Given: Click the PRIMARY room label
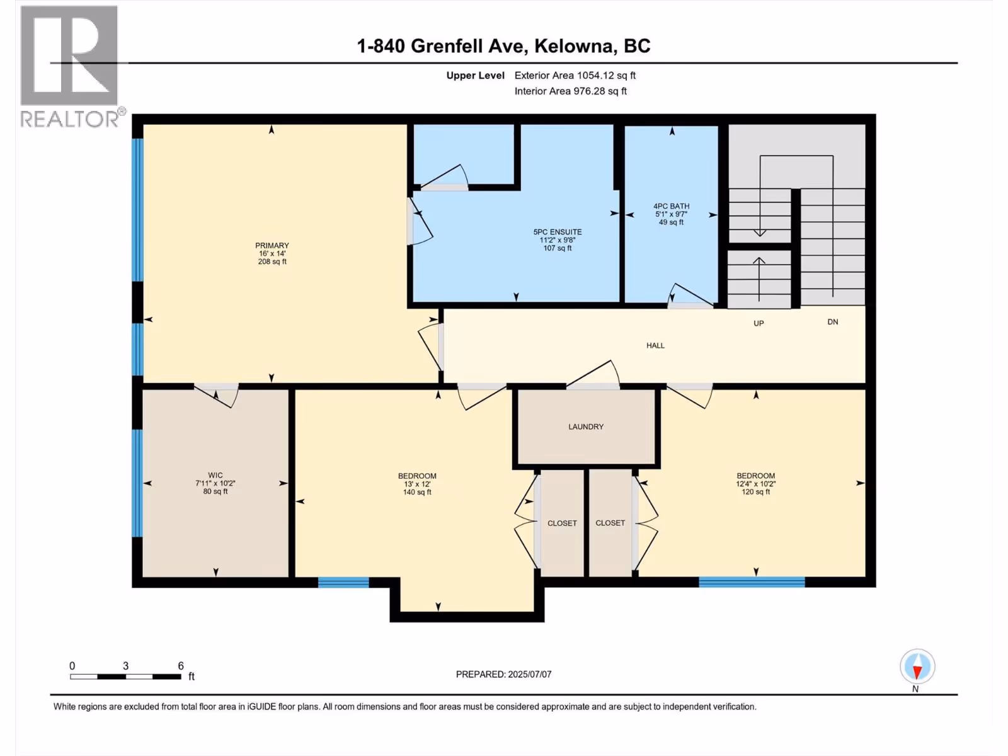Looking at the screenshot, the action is point(272,246).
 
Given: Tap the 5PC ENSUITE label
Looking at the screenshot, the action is point(558,232).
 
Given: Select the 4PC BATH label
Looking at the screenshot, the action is point(672,207).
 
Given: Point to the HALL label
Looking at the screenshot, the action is point(655,346).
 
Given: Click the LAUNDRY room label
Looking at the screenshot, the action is point(586,427).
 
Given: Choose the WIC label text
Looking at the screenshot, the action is point(215,476).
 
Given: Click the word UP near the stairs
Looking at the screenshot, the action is point(759,324).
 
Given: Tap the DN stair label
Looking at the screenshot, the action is point(833,322).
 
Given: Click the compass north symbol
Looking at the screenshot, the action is point(917,666).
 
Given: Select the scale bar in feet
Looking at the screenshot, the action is point(125,676).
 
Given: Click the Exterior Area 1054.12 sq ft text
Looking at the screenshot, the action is point(575,76).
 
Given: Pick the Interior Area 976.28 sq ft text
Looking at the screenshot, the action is point(570,91).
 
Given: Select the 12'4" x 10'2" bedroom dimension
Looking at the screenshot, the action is point(756,484).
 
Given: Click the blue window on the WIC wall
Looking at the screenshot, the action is point(137,483).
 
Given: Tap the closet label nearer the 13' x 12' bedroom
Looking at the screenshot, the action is point(562,524).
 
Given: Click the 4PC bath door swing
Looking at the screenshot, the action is point(690,295).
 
